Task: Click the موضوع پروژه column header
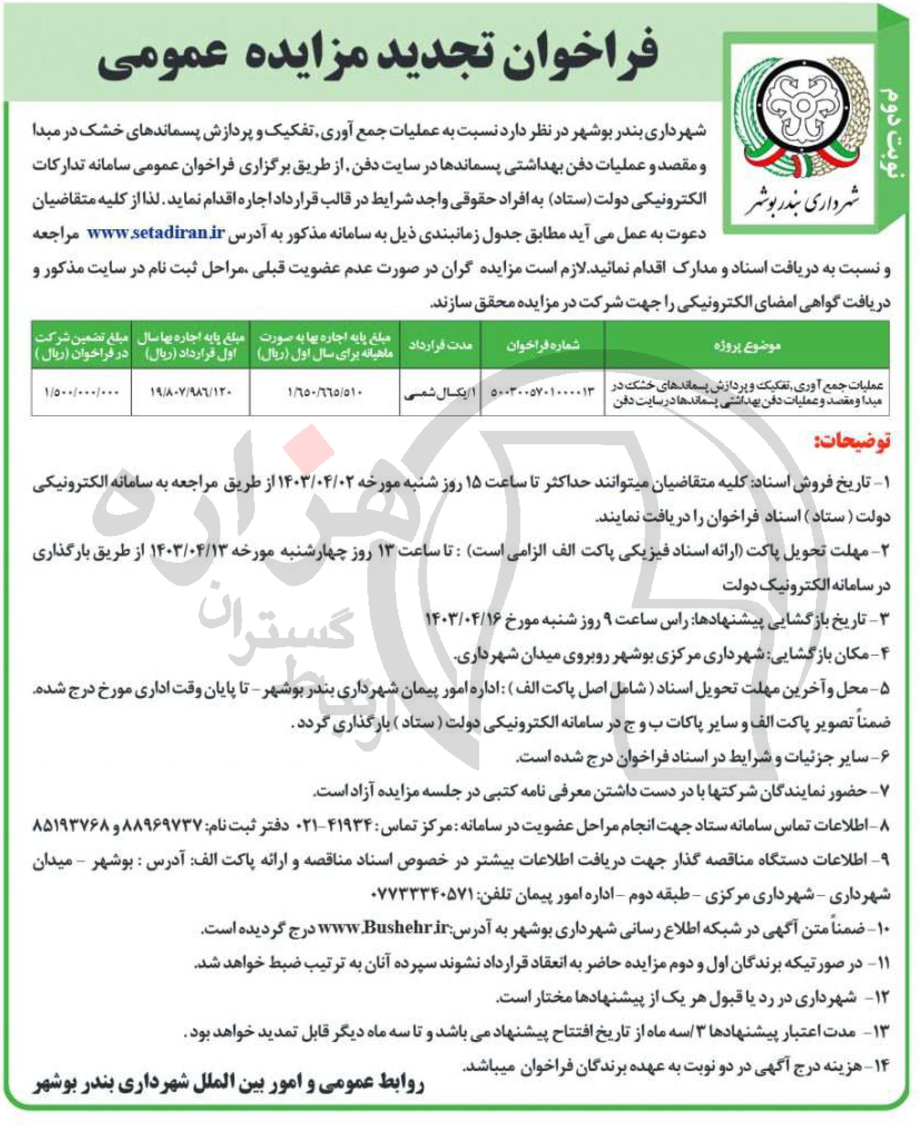point(747,346)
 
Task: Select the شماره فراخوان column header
point(543,346)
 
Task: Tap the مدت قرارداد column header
point(440,346)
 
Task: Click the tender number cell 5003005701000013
point(543,392)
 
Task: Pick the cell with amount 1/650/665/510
point(325,392)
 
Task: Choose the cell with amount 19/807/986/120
point(191,392)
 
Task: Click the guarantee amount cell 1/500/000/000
point(81,392)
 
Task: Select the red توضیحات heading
point(852,441)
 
